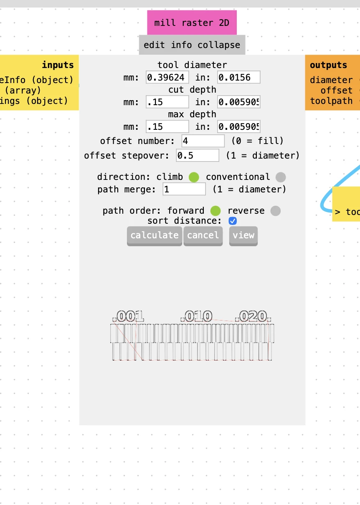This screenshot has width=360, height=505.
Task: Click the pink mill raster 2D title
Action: click(x=192, y=23)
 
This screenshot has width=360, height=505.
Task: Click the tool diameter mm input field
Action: click(x=167, y=77)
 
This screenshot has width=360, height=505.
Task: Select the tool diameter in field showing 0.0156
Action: click(x=238, y=77)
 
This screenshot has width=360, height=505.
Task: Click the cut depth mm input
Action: click(x=167, y=102)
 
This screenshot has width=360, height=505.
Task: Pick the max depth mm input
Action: click(x=167, y=126)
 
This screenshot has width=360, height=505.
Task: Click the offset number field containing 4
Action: click(x=203, y=141)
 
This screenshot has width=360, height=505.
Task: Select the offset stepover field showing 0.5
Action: click(x=198, y=156)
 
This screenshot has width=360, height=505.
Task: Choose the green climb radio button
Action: click(x=194, y=177)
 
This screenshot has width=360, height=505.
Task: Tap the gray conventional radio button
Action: click(x=281, y=177)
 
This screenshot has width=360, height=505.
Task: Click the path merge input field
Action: click(x=184, y=189)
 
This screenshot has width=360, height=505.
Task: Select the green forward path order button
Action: click(x=215, y=211)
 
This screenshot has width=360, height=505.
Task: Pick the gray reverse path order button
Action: click(x=275, y=211)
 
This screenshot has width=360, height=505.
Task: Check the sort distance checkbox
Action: click(x=233, y=221)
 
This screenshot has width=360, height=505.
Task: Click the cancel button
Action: click(x=203, y=235)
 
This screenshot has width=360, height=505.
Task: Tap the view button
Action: click(x=243, y=235)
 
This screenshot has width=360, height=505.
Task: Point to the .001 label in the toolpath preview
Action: click(x=130, y=316)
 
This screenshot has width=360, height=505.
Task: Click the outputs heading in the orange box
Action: click(x=328, y=65)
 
